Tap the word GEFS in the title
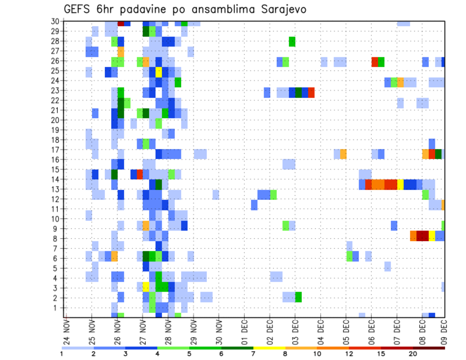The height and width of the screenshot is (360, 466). click(80, 9)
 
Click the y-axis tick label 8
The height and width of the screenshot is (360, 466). click(57, 239)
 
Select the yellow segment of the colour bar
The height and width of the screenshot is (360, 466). click(269, 348)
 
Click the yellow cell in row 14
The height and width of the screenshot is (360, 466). click(400, 185)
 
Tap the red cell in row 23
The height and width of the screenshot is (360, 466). click(311, 92)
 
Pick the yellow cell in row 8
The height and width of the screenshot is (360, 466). click(432, 236)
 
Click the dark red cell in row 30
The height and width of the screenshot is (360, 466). click(121, 23)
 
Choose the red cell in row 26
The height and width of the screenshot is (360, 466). click(375, 62)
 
